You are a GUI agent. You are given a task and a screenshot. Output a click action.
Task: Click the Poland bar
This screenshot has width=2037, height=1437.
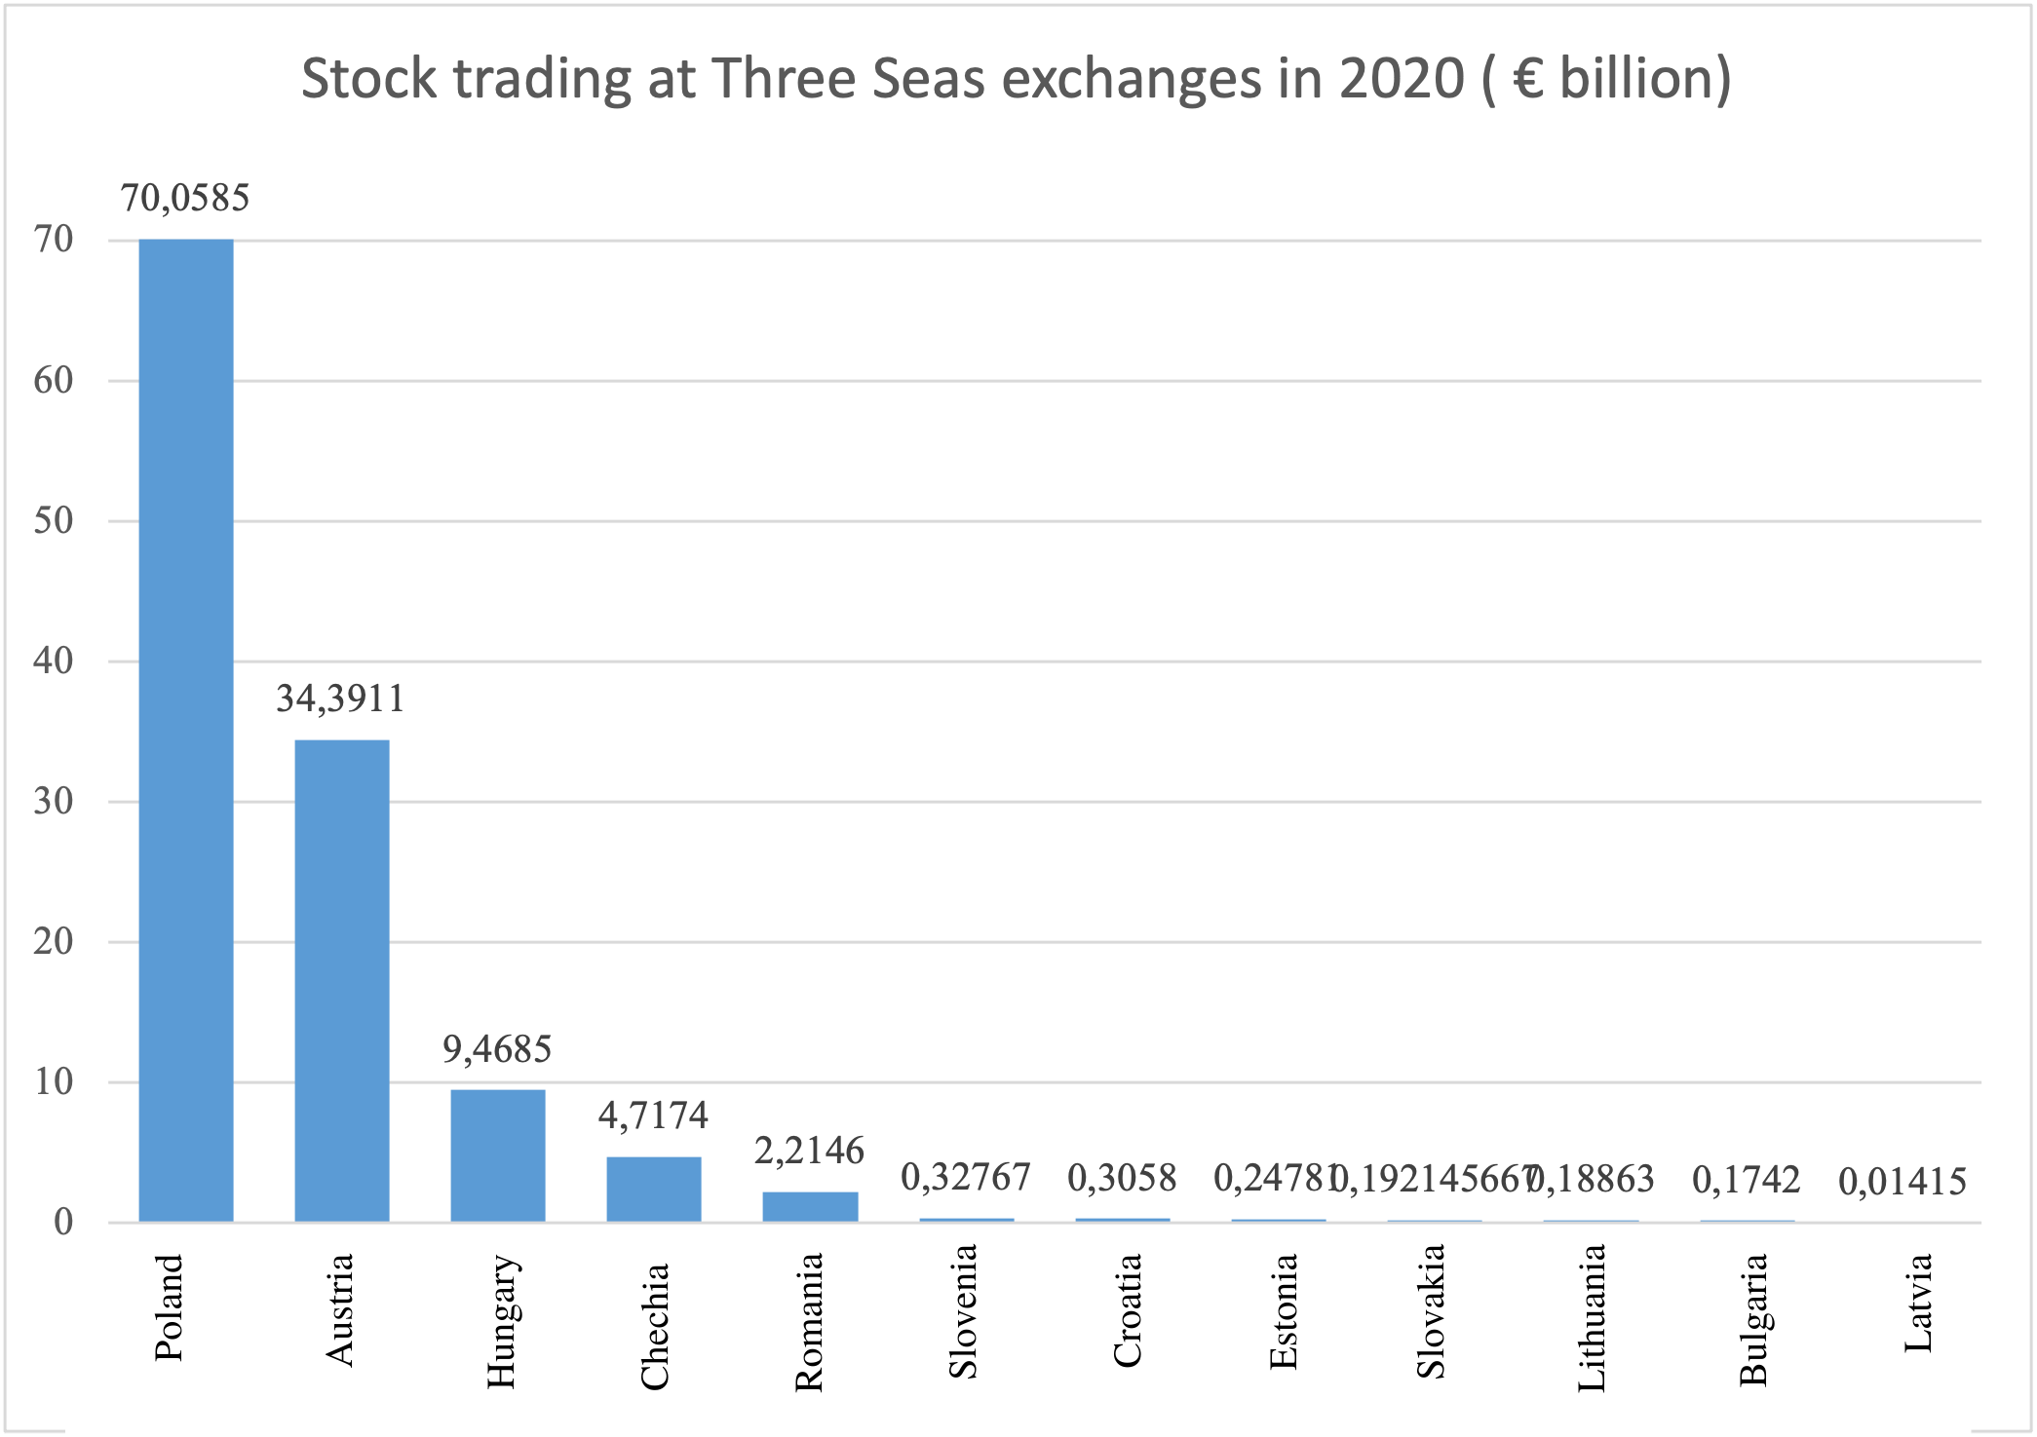186,731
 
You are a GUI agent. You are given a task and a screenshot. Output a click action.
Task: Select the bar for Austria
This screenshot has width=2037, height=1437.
342,980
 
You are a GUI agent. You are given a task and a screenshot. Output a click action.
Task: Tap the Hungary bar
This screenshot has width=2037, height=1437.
498,1155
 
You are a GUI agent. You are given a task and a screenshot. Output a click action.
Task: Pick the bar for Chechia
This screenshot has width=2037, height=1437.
654,1189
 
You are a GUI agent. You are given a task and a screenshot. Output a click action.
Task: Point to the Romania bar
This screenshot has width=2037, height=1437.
810,1206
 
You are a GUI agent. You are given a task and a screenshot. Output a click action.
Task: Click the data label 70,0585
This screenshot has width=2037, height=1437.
185,198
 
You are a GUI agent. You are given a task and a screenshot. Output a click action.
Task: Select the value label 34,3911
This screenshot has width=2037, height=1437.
340,699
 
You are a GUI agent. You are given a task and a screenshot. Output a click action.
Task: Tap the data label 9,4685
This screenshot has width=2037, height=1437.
497,1049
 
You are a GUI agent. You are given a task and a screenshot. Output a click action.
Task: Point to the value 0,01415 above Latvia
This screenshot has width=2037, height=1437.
1902,1182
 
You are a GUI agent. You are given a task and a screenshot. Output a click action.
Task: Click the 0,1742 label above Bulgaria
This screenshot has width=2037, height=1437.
1746,1180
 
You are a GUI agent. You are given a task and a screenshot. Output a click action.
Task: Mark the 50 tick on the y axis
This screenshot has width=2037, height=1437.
54,520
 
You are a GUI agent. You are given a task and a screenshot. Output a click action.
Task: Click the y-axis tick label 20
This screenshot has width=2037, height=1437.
54,941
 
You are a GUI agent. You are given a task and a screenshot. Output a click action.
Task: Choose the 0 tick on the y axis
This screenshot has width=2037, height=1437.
63,1222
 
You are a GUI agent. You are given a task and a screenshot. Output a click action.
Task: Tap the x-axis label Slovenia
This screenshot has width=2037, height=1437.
963,1311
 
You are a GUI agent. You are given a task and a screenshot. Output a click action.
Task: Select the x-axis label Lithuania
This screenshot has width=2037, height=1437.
1591,1317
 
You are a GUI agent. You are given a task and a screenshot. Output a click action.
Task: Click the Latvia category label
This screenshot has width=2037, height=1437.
1918,1303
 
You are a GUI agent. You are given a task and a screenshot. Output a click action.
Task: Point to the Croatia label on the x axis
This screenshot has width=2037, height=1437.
1127,1310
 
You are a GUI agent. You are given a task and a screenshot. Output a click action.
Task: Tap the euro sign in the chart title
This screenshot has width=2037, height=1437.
1528,79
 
